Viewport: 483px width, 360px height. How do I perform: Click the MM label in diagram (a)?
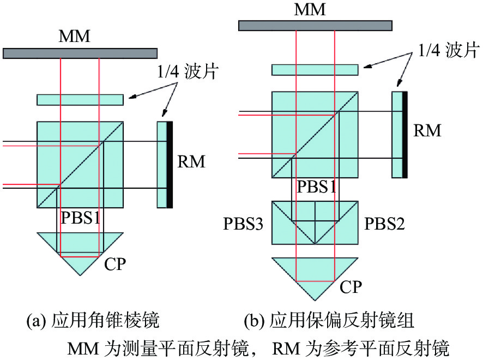pyautogui.click(x=75, y=37)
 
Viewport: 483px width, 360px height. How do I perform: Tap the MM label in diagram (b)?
pyautogui.click(x=310, y=9)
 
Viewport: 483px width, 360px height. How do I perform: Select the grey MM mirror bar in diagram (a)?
pyautogui.click(x=80, y=53)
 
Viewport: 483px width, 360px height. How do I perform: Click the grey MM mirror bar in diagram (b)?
pyautogui.click(x=315, y=26)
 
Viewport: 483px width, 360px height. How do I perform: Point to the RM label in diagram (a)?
pyautogui.click(x=191, y=161)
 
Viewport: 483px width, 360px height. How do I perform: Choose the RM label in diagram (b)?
pyautogui.click(x=427, y=130)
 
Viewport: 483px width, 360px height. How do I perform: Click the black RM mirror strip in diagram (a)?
pyautogui.click(x=170, y=165)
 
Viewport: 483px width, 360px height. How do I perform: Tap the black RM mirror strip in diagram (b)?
pyautogui.click(x=404, y=135)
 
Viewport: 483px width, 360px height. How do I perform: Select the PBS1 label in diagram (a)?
pyautogui.click(x=81, y=218)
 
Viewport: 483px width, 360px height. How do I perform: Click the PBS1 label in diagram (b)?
pyautogui.click(x=316, y=187)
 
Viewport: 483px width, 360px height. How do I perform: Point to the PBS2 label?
pyautogui.click(x=384, y=224)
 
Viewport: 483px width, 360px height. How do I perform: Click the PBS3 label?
pyautogui.click(x=243, y=224)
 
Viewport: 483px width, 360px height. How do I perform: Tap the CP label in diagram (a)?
pyautogui.click(x=115, y=264)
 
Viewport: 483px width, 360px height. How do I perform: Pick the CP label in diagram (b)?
pyautogui.click(x=351, y=287)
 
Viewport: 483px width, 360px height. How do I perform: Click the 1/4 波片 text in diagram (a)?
pyautogui.click(x=188, y=71)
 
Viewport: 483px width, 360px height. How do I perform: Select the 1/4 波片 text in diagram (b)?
pyautogui.click(x=449, y=50)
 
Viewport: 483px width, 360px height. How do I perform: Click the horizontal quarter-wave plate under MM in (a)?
pyautogui.click(x=80, y=100)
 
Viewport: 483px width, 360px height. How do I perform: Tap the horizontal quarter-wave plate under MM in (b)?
pyautogui.click(x=315, y=70)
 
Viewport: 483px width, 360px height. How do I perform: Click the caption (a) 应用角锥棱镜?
pyautogui.click(x=93, y=320)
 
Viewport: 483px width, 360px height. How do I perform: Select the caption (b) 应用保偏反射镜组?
pyautogui.click(x=329, y=320)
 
